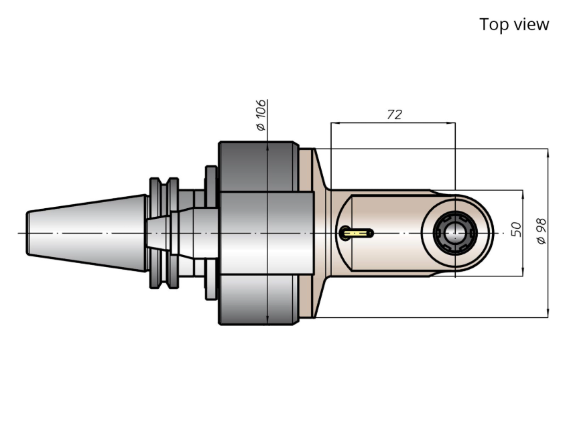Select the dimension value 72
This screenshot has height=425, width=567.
[x=395, y=114]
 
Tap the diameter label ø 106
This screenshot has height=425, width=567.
[x=260, y=115]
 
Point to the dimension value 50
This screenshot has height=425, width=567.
[x=516, y=230]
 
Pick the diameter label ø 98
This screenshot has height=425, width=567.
[x=542, y=231]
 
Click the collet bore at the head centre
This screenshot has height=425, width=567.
[x=455, y=234]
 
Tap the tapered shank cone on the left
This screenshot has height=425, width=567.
[x=86, y=234]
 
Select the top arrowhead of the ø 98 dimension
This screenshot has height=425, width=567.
[x=548, y=153]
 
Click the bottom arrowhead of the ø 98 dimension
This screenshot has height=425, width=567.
[x=548, y=313]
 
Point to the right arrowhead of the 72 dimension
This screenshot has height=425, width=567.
[x=450, y=122]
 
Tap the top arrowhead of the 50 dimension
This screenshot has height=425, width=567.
[x=523, y=194]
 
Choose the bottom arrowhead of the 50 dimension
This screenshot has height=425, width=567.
[x=523, y=272]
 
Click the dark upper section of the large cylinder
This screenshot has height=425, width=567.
[x=259, y=167]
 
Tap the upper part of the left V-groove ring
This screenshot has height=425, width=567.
[x=155, y=195]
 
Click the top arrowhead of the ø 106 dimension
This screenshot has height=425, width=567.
[x=267, y=147]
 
